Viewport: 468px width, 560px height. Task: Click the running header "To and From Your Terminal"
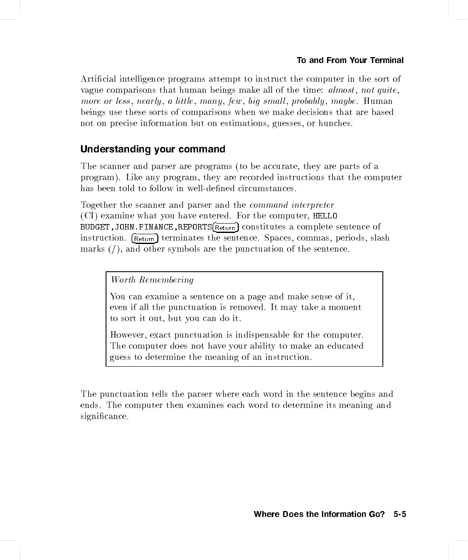(x=350, y=60)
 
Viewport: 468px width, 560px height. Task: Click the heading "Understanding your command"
(x=152, y=149)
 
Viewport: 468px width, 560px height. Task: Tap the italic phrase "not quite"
(x=379, y=90)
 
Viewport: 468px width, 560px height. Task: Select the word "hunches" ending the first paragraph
(x=335, y=123)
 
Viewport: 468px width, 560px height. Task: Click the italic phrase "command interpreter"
(x=292, y=205)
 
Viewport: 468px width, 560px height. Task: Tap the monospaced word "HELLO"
(x=325, y=216)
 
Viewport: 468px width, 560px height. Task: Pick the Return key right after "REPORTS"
(x=225, y=227)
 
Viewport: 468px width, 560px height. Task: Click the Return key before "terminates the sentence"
(x=145, y=238)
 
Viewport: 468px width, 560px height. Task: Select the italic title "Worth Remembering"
(x=152, y=280)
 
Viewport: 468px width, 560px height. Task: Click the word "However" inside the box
(x=128, y=335)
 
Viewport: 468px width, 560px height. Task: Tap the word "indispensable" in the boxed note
(x=261, y=335)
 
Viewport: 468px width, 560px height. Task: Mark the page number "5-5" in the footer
(x=400, y=514)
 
